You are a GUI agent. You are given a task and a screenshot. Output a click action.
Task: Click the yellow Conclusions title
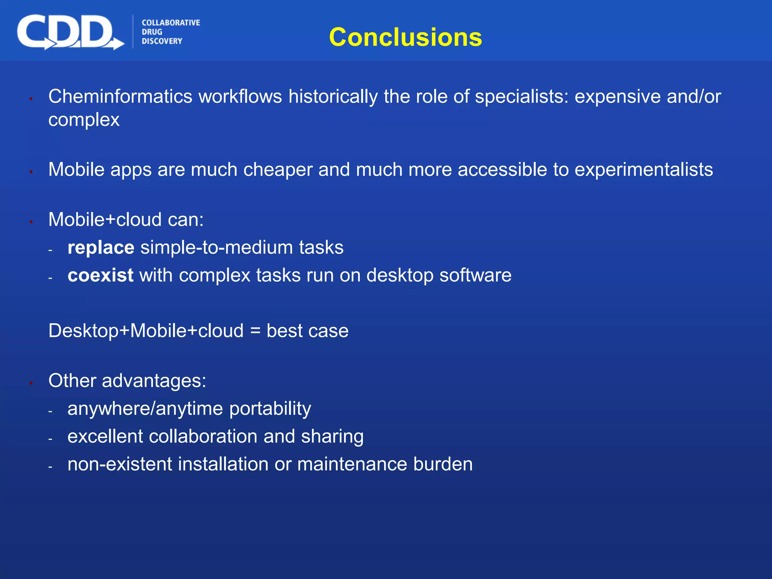pyautogui.click(x=405, y=37)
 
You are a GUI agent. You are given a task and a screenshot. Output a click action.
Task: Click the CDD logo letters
pyautogui.click(x=66, y=32)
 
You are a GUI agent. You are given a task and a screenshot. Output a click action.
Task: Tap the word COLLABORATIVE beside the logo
pyautogui.click(x=171, y=23)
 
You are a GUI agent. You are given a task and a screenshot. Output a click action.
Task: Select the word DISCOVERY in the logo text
pyautogui.click(x=162, y=41)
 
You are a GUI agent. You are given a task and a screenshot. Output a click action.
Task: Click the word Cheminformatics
pyautogui.click(x=120, y=96)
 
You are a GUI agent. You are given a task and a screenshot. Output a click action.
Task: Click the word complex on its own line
pyautogui.click(x=84, y=120)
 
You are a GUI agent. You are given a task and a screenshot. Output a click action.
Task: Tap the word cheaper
pyautogui.click(x=278, y=170)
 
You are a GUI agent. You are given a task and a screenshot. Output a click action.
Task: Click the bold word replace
pyautogui.click(x=101, y=248)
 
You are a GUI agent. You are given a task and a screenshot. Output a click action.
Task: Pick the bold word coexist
pyautogui.click(x=100, y=275)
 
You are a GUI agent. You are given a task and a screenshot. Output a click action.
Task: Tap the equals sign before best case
pyautogui.click(x=255, y=331)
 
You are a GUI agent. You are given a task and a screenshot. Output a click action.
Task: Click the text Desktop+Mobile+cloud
pyautogui.click(x=146, y=331)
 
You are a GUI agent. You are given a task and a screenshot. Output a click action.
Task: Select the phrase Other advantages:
pyautogui.click(x=127, y=381)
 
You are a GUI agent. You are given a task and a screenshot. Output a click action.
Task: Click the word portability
pyautogui.click(x=270, y=409)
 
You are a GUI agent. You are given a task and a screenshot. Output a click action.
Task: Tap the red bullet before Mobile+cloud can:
pyautogui.click(x=31, y=222)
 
